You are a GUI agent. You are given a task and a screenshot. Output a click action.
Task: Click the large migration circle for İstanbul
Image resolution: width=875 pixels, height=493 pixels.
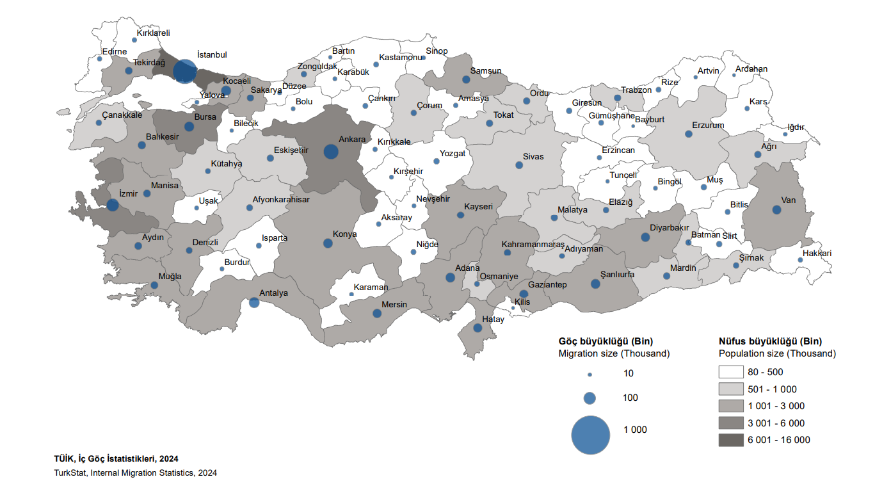[x=185, y=71]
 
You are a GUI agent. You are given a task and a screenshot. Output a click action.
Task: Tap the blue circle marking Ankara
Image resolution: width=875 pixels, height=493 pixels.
[x=331, y=152]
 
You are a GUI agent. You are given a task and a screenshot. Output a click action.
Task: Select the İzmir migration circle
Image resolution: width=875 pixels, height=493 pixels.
[x=113, y=206]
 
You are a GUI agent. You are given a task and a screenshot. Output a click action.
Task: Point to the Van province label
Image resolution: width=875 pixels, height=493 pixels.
[x=788, y=200]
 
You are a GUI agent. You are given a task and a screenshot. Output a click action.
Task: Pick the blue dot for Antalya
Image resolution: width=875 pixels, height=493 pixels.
[x=254, y=302]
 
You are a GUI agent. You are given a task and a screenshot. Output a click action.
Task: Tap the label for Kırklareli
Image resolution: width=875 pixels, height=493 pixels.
[x=154, y=33]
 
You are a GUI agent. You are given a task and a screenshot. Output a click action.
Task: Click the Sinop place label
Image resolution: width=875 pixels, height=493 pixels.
[x=437, y=51]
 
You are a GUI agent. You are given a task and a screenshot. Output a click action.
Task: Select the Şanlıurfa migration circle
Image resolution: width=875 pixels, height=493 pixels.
[x=595, y=284]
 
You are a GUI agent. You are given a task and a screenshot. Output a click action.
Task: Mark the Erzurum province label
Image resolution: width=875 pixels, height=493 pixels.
[x=708, y=125]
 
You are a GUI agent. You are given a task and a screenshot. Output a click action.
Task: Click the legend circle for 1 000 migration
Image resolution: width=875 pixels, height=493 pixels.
[x=590, y=435]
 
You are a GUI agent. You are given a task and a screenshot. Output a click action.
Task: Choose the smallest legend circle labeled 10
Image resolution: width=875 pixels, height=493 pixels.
[x=590, y=374]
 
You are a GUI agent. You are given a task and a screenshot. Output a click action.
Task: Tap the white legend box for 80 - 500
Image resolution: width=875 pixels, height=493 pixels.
[x=731, y=372]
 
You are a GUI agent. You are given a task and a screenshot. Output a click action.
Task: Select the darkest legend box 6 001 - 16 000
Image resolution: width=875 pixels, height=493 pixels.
[x=731, y=440]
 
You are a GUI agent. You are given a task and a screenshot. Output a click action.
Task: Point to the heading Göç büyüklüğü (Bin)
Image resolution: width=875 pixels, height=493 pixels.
[x=606, y=341]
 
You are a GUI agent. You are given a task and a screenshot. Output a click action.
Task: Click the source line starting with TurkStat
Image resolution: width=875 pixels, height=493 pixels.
[x=136, y=473]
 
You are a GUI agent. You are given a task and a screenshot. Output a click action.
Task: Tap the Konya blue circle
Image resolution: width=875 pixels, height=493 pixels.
[x=328, y=243]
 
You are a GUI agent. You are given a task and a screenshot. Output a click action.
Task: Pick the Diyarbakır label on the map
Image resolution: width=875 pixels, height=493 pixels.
[x=669, y=227]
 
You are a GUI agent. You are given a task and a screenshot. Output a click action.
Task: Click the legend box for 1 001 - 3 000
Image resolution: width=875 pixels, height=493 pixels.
[x=731, y=406]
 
